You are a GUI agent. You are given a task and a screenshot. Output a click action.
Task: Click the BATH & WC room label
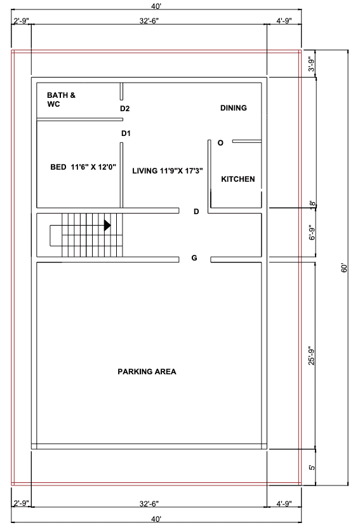[x=61, y=100]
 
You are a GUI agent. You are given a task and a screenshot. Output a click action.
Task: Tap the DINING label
[x=234, y=108]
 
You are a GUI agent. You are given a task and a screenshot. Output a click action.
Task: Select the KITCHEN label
[x=237, y=179]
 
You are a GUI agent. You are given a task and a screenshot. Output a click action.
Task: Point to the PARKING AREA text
[x=147, y=372]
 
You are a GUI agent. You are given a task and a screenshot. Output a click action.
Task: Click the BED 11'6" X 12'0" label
[x=83, y=167]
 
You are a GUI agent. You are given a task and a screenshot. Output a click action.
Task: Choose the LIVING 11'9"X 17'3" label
[x=168, y=171]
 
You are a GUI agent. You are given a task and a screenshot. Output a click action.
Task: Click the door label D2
[x=125, y=109]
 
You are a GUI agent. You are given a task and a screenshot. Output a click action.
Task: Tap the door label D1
[x=126, y=133]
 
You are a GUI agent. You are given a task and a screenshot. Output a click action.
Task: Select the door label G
[x=194, y=258]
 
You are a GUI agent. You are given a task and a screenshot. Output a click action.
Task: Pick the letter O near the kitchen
[x=220, y=143]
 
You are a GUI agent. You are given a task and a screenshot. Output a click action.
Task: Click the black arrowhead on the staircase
[x=107, y=226]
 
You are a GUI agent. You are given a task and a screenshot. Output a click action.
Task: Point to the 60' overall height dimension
[x=344, y=268]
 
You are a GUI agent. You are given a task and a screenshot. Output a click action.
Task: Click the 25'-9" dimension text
[x=311, y=355]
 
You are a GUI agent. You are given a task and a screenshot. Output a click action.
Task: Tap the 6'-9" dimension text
[x=312, y=233]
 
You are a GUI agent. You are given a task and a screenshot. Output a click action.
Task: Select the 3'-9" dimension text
[x=311, y=64]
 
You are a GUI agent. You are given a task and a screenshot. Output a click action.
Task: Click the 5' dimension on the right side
[x=312, y=468]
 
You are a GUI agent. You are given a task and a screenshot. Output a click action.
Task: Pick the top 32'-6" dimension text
[x=149, y=21]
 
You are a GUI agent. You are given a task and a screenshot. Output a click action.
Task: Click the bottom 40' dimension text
[x=156, y=519]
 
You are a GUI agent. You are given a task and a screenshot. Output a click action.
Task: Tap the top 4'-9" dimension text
[x=284, y=21]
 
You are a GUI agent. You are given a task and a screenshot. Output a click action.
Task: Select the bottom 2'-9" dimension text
[x=22, y=504]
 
